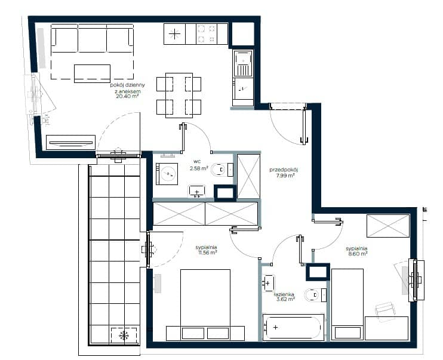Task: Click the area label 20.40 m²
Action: (127, 96)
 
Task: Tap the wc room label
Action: (197, 162)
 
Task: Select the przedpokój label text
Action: (284, 170)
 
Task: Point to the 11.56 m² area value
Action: (207, 253)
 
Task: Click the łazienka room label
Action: (284, 294)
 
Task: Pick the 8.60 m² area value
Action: (356, 254)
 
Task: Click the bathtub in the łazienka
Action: (293, 327)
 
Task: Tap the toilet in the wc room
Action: (219, 170)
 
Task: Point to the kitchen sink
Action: (242, 63)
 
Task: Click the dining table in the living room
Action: (179, 96)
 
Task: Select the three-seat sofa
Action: (92, 38)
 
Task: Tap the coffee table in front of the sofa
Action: (92, 73)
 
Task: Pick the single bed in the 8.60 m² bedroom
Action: (347, 304)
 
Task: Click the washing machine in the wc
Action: (167, 174)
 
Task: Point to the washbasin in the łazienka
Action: (269, 283)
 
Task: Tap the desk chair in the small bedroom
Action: (385, 311)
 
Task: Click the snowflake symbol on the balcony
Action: (124, 336)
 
